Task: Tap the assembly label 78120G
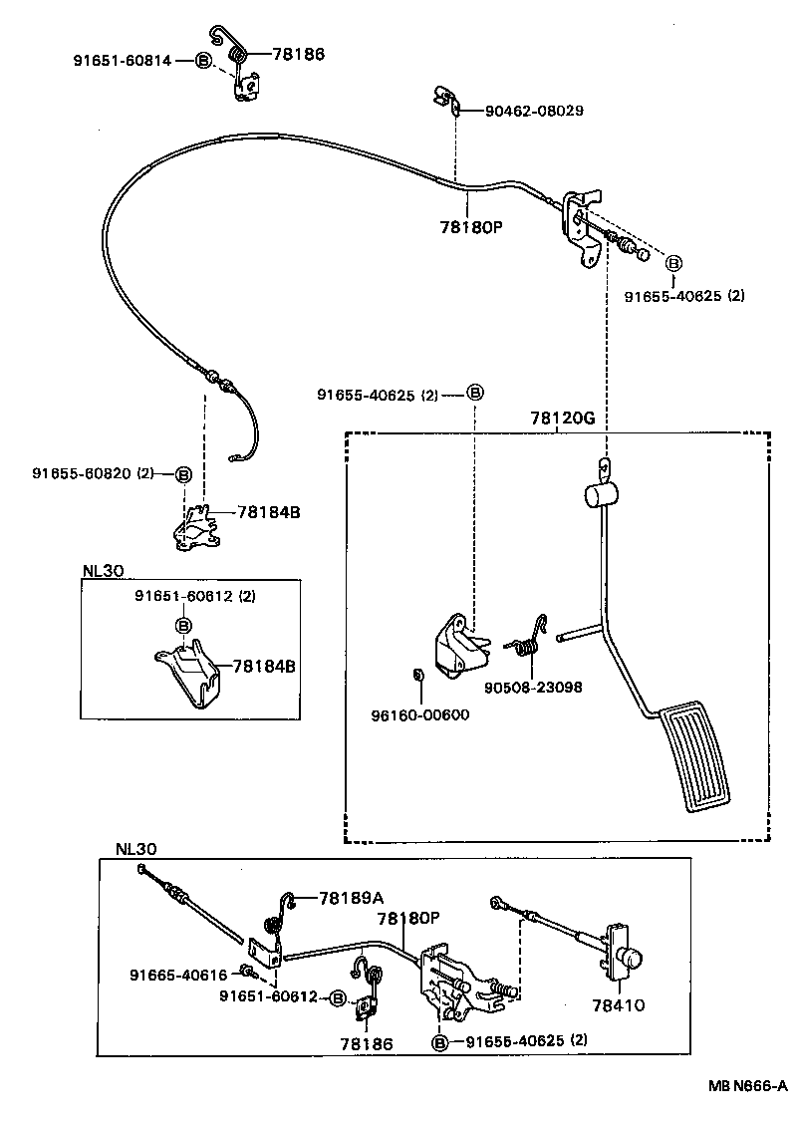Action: pyautogui.click(x=556, y=419)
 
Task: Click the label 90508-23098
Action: pyautogui.click(x=533, y=687)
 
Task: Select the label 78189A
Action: pyautogui.click(x=351, y=898)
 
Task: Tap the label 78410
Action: pyautogui.click(x=618, y=1005)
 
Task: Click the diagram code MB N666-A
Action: pyautogui.click(x=748, y=1085)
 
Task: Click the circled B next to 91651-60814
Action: pyautogui.click(x=202, y=61)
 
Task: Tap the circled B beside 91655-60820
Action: pyautogui.click(x=183, y=474)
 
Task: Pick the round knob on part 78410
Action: pyautogui.click(x=630, y=959)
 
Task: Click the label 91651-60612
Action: pyautogui.click(x=268, y=997)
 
